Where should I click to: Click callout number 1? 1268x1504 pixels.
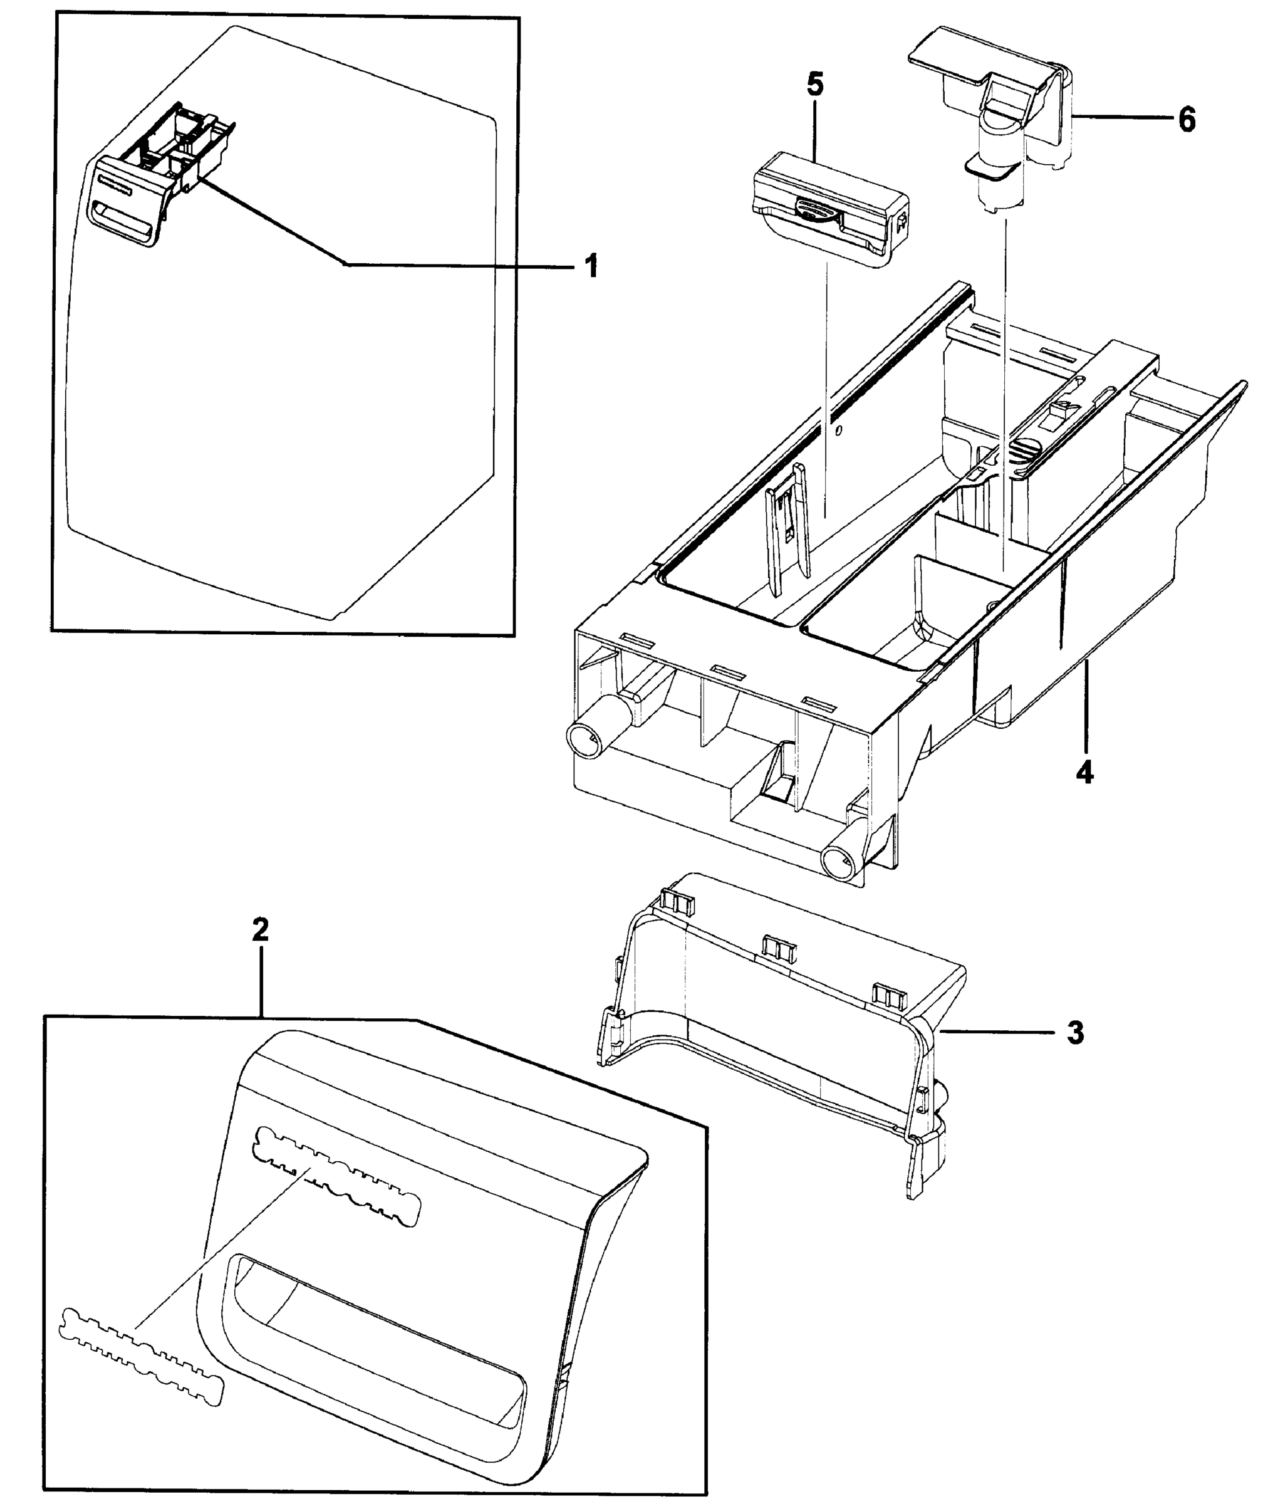tap(590, 267)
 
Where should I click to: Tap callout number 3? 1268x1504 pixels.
tap(1074, 1033)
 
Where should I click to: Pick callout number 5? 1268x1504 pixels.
tap(815, 85)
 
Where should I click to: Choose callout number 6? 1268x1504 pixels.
tap(1187, 118)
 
